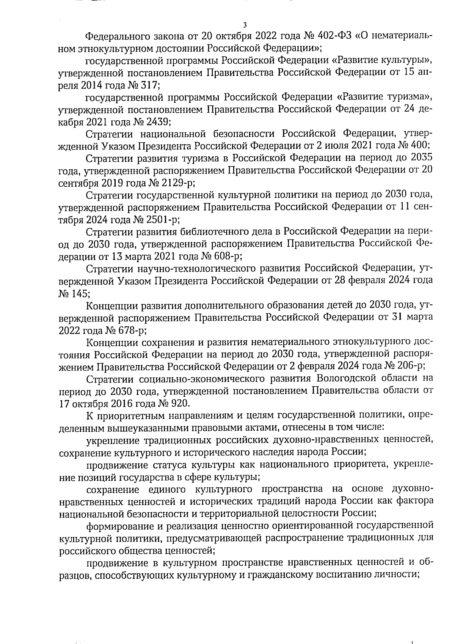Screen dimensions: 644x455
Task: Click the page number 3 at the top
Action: (x=245, y=25)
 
